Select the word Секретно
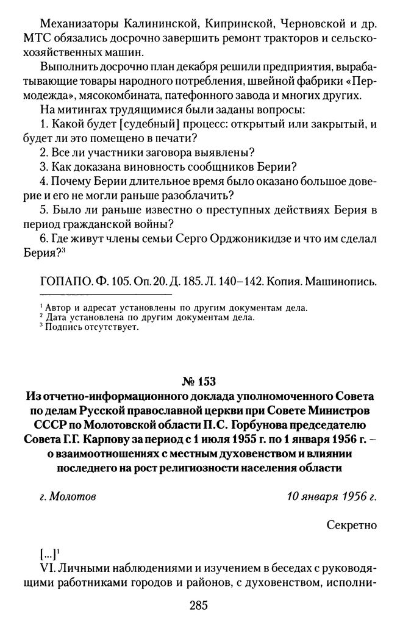click(x=351, y=524)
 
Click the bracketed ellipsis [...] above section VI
click(x=46, y=554)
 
